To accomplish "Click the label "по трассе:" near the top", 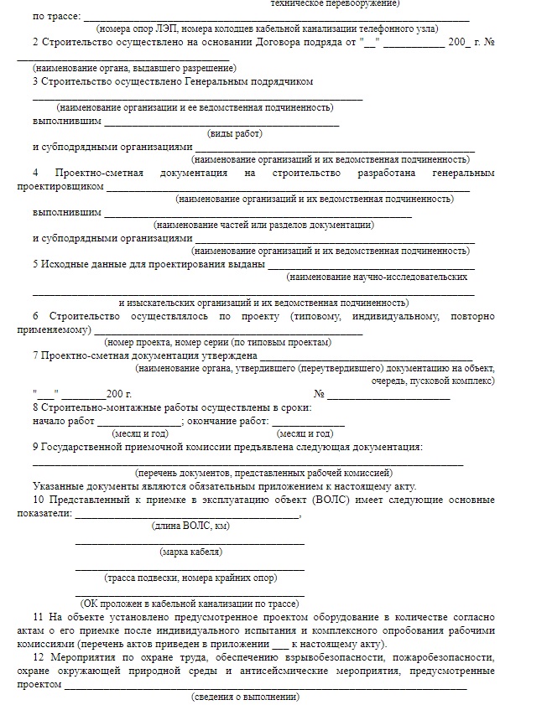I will [x=56, y=16].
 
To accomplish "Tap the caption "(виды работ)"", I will [x=235, y=133].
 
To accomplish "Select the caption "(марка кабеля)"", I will [x=190, y=552].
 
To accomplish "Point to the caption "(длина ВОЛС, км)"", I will [x=190, y=526].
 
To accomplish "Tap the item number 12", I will [x=38, y=658].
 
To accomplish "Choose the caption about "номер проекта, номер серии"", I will [x=217, y=342].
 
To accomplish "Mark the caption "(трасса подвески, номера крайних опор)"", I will [x=190, y=578].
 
